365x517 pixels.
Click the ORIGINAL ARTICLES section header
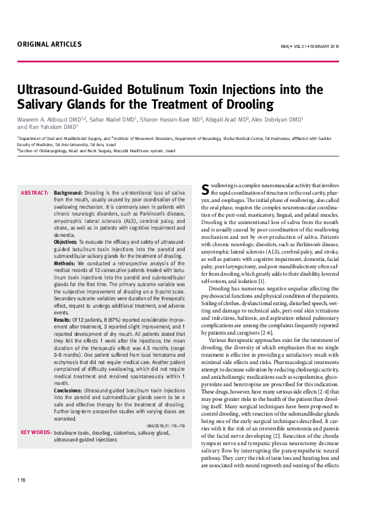coord(49,44)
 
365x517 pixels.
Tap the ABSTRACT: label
coord(34,193)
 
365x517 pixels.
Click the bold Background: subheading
coord(68,193)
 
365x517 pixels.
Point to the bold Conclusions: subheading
coord(68,390)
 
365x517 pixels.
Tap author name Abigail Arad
coord(227,119)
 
